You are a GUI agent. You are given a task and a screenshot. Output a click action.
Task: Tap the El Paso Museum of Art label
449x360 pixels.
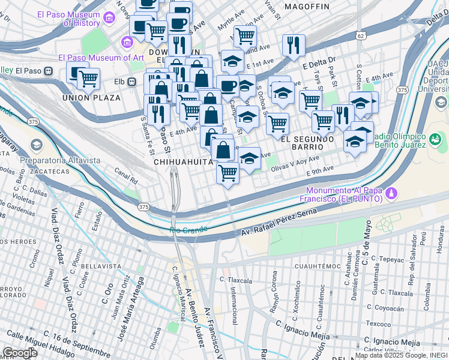tap(101, 58)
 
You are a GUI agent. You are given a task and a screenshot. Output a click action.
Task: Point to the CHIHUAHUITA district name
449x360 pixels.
tap(184, 162)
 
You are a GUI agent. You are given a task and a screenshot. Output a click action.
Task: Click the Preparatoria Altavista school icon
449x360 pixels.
tap(37, 146)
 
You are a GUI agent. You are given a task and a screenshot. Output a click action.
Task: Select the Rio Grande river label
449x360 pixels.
tap(188, 229)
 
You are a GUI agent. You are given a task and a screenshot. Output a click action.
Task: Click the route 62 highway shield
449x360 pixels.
tap(360, 36)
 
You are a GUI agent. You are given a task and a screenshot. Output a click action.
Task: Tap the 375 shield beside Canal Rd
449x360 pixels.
tap(143, 206)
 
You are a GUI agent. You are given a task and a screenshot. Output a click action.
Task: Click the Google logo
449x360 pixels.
tap(20, 352)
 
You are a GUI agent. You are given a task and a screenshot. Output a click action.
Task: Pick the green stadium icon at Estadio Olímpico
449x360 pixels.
tap(435, 139)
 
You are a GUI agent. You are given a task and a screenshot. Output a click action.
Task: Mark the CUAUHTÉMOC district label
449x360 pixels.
tap(318, 265)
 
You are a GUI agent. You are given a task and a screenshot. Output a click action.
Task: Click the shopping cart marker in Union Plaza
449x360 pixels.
tap(88, 78)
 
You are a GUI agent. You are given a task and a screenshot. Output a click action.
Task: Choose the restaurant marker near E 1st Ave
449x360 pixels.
tap(294, 45)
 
